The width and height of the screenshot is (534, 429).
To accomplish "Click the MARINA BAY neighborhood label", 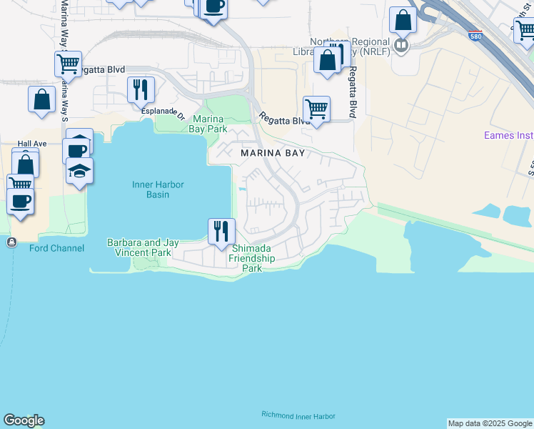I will (x=273, y=153).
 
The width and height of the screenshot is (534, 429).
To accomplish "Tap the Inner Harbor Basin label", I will (x=158, y=189).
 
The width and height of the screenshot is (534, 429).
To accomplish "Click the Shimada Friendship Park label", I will (x=251, y=258).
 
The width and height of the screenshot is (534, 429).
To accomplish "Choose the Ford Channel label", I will (x=57, y=248).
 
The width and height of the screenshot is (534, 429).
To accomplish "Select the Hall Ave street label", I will (x=32, y=144).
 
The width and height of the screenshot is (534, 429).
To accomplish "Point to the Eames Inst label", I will (x=508, y=134).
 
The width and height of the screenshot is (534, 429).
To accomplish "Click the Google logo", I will (x=24, y=420).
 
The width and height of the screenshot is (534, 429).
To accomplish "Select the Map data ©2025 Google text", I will (x=490, y=423).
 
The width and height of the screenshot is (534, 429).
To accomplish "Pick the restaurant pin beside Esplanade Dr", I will (x=141, y=89).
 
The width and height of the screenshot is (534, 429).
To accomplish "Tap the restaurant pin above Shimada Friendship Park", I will (x=221, y=230).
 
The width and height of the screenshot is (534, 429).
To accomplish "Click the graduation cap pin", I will (x=80, y=171).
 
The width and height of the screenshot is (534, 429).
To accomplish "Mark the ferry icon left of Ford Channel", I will (x=11, y=243).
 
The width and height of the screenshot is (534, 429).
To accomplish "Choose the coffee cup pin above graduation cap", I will (x=76, y=150).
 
